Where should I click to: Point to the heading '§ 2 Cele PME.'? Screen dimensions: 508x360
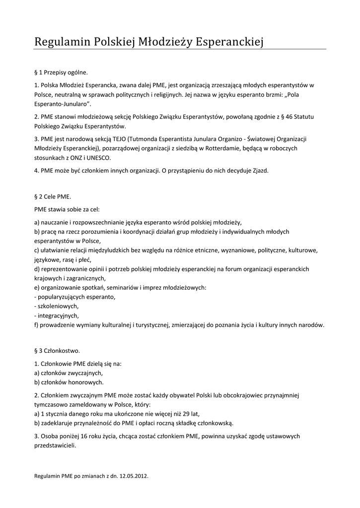tap(53, 197)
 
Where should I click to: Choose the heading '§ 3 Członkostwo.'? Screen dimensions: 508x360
tap(57, 351)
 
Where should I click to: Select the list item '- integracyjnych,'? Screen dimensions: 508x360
tap(57, 316)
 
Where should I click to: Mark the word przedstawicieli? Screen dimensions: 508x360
tap(55, 445)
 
